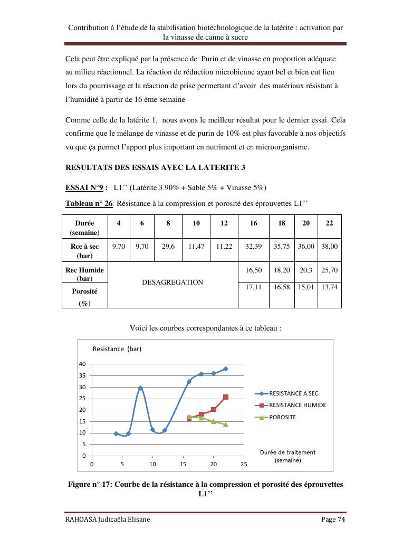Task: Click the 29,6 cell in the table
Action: (168, 246)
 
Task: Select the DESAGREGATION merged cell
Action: (172, 282)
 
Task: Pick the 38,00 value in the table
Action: (330, 246)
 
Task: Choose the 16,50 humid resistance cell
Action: (254, 270)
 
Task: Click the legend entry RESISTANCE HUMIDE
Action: (297, 405)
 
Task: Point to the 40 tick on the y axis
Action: (83, 364)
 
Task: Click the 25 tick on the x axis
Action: (244, 464)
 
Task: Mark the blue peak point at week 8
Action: (140, 388)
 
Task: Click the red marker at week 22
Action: (226, 397)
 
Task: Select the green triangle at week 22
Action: (226, 425)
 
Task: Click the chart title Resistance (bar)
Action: (117, 349)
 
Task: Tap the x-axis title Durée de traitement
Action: (288, 453)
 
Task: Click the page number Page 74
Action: (333, 520)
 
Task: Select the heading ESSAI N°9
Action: (87, 187)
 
